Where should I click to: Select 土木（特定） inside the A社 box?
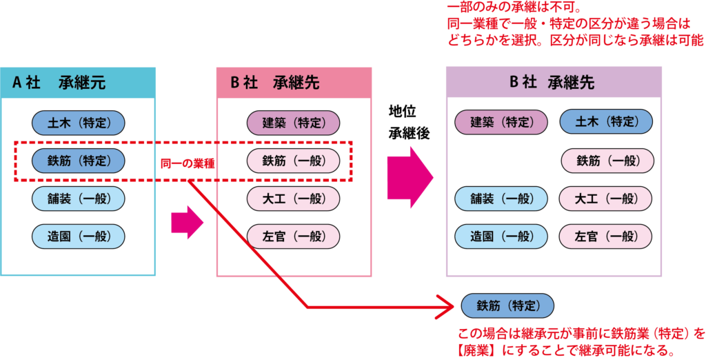[78, 123]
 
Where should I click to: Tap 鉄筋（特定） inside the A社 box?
[78, 161]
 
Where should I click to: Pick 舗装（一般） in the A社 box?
[78, 199]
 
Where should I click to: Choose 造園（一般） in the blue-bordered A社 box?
[78, 237]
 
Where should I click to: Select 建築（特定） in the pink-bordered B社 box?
[294, 123]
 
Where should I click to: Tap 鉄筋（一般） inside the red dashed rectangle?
[294, 161]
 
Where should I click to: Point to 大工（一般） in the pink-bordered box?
[294, 199]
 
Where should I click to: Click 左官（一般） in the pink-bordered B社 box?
[294, 237]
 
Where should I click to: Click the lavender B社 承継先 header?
[554, 82]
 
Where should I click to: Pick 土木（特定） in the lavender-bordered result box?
[606, 122]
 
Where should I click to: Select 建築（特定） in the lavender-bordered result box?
[501, 123]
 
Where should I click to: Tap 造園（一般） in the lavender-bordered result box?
[501, 236]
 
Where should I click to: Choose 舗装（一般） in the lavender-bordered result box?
[501, 199]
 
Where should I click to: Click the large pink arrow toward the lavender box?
[410, 177]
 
